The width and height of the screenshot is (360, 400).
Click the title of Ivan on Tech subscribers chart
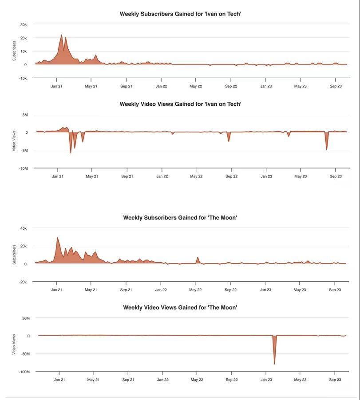pyautogui.click(x=180, y=14)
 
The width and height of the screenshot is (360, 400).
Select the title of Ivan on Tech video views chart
pyautogui.click(x=180, y=104)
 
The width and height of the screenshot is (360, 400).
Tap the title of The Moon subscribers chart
pyautogui.click(x=180, y=218)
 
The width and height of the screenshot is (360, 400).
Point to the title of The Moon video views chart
pyautogui.click(x=180, y=308)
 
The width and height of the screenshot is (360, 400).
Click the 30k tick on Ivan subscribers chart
pyautogui.click(x=24, y=24)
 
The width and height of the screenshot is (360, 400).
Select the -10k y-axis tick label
pyautogui.click(x=23, y=78)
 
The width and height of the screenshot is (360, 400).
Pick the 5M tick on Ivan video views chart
pyautogui.click(x=25, y=115)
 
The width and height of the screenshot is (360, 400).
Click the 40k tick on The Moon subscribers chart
pyautogui.click(x=24, y=228)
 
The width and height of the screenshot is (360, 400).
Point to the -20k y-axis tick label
pyautogui.click(x=23, y=282)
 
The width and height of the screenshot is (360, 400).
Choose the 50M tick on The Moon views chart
pyautogui.click(x=25, y=318)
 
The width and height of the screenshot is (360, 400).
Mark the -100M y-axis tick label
pyautogui.click(x=23, y=372)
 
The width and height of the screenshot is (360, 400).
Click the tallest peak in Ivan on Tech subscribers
pyautogui.click(x=62, y=35)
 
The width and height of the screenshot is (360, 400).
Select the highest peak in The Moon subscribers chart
pyautogui.click(x=57, y=238)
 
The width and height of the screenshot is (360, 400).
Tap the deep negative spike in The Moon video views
pyautogui.click(x=274, y=364)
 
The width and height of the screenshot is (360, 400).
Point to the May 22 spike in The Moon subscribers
pyautogui.click(x=198, y=257)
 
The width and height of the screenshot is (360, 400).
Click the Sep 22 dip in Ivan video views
pyautogui.click(x=229, y=141)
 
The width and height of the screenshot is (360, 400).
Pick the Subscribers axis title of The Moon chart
pyautogui.click(x=14, y=255)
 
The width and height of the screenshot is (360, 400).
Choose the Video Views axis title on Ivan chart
pyautogui.click(x=14, y=140)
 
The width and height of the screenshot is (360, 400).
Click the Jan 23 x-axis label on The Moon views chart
pyautogui.click(x=266, y=380)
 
